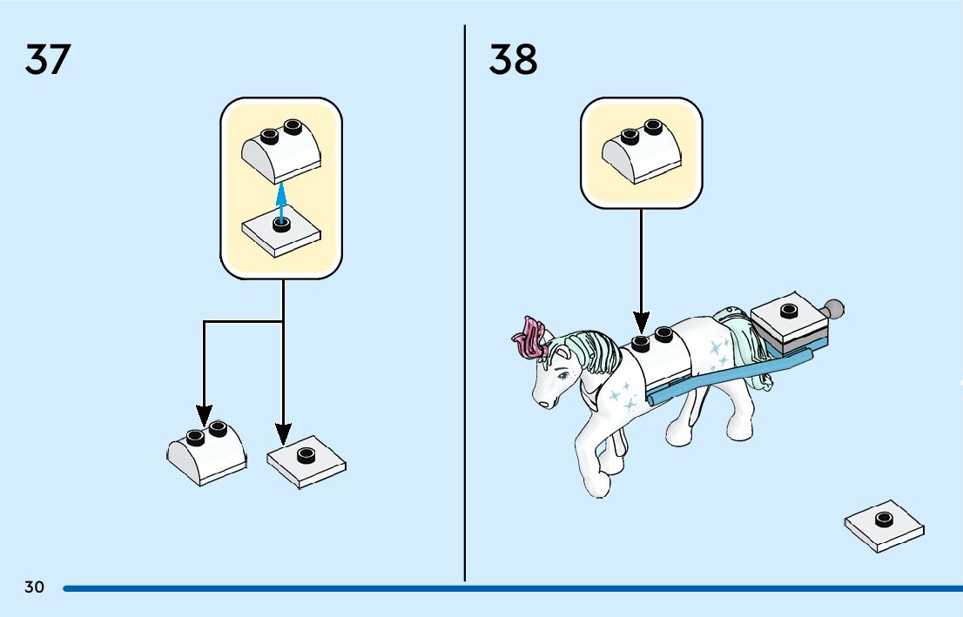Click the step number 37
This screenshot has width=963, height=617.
[47, 59]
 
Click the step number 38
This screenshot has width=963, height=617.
[513, 59]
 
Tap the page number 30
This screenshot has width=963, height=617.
[34, 587]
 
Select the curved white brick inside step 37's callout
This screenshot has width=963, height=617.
[281, 147]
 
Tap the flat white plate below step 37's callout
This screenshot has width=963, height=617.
[306, 461]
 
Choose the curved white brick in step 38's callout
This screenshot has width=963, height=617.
[642, 149]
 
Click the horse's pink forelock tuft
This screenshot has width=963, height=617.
[529, 339]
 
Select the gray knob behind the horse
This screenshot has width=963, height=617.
[834, 309]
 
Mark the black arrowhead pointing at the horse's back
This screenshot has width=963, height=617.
[641, 324]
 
